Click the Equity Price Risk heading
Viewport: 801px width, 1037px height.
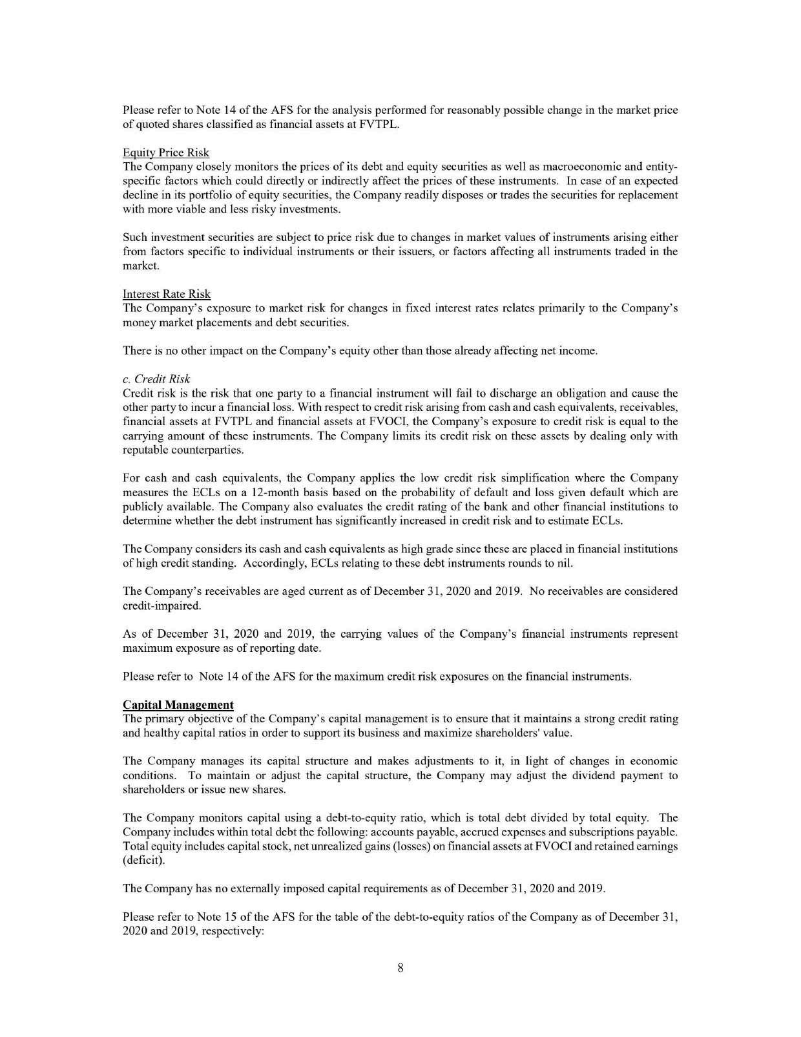[165, 152]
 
